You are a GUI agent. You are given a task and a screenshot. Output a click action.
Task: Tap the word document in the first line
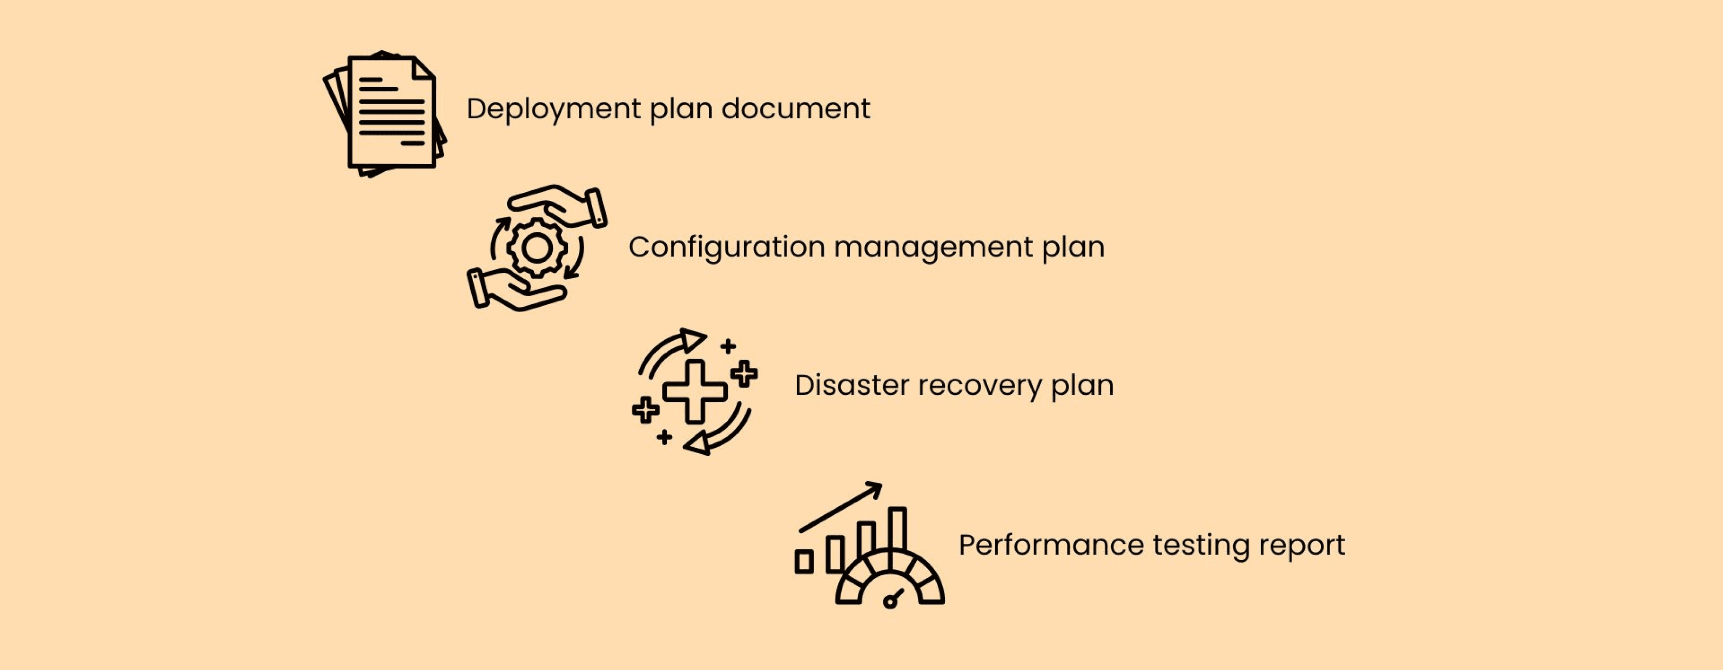point(795,109)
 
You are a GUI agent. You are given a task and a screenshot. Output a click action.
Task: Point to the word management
point(933,247)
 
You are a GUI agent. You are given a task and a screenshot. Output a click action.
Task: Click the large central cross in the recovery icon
point(695,391)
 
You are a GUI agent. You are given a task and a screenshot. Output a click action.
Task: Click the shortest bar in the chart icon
point(804,561)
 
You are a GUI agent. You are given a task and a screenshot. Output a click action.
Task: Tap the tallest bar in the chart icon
point(898,529)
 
